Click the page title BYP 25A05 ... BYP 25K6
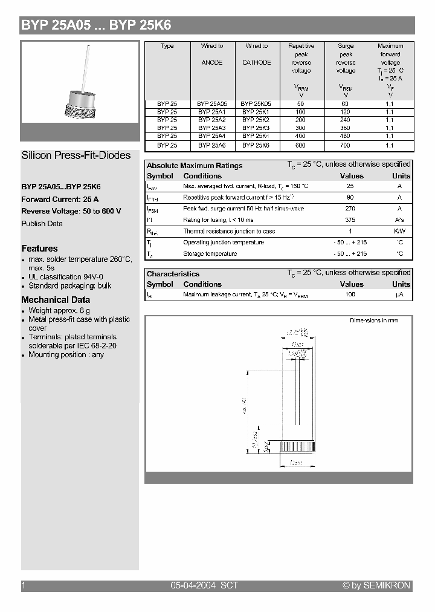(97, 25)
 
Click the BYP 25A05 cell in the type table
(211, 104)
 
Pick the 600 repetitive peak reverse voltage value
(301, 146)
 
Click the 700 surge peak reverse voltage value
(346, 146)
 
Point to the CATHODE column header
(256, 62)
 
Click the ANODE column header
(211, 62)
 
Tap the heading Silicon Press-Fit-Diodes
(76, 155)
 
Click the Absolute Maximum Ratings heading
(195, 166)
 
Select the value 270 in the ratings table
(350, 209)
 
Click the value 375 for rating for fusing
(350, 220)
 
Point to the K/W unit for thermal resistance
(399, 232)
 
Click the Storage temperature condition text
(210, 254)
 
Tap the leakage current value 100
(350, 295)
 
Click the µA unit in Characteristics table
(399, 295)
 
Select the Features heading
(40, 249)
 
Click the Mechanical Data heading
(56, 300)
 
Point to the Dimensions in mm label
(374, 321)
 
